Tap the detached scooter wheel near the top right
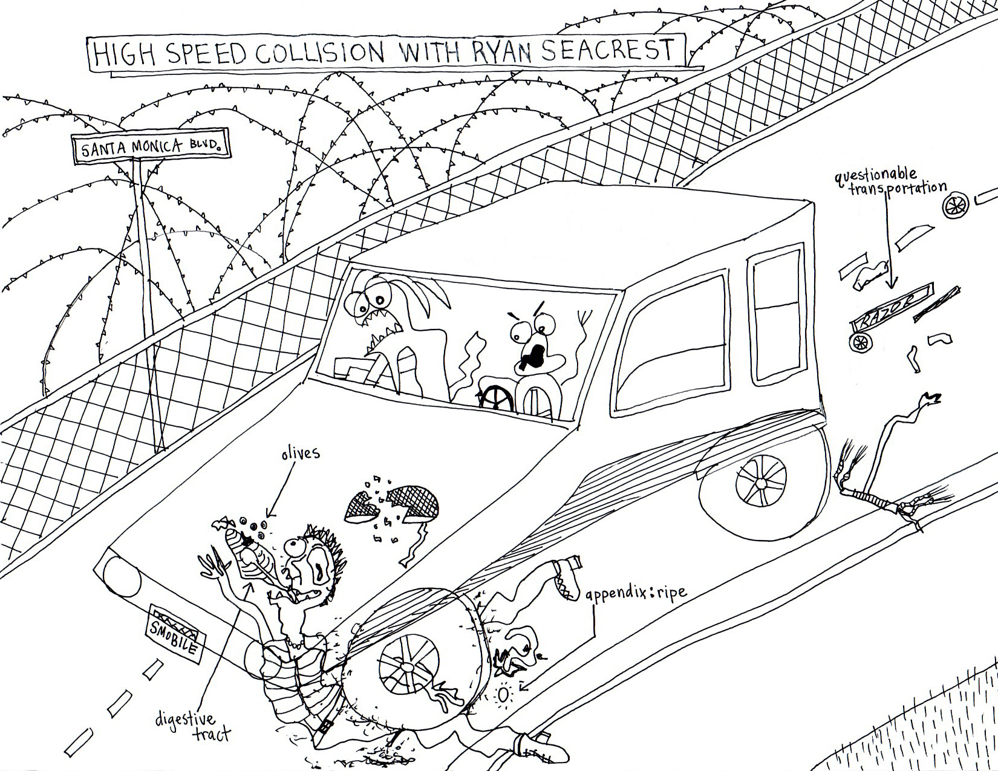pos(955,206)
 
